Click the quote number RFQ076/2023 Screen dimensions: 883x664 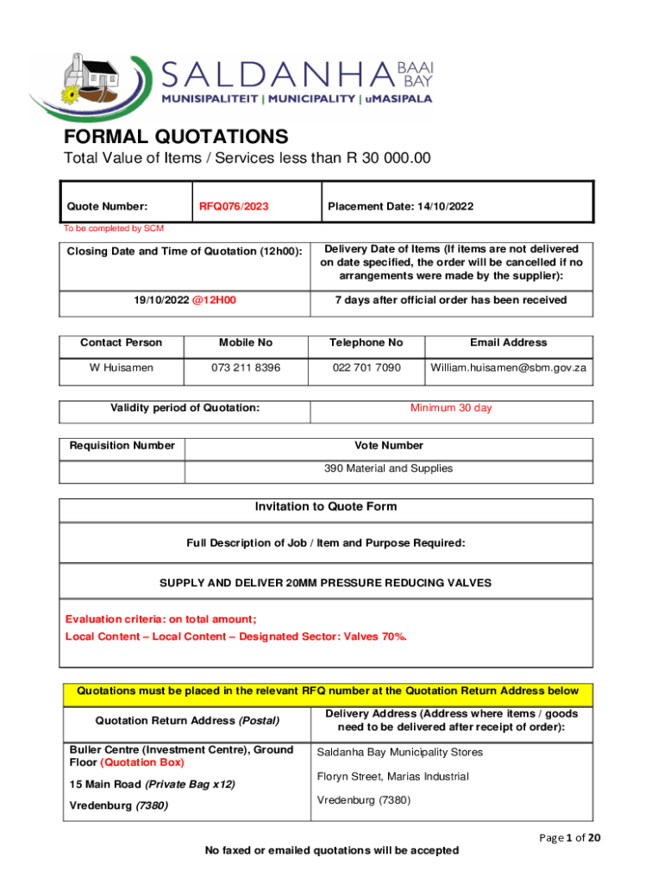pos(234,206)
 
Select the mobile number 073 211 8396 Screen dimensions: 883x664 pos(246,368)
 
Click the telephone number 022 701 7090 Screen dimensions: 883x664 pos(366,368)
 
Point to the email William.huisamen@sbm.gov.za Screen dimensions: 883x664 pos(508,368)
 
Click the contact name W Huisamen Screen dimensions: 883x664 pos(122,368)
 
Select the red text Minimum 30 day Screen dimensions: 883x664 pos(451,408)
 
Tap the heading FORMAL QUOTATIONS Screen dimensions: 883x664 pos(176,137)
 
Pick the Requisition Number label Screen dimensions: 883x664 pos(122,446)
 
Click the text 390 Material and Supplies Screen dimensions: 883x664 pos(388,468)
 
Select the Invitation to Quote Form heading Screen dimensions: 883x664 pos(326,507)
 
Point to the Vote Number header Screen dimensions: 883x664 pos(389,446)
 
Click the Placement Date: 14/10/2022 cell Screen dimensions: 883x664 pos(400,206)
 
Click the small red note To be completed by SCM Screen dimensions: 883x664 pos(113,229)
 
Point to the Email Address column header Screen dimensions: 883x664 pos(508,342)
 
